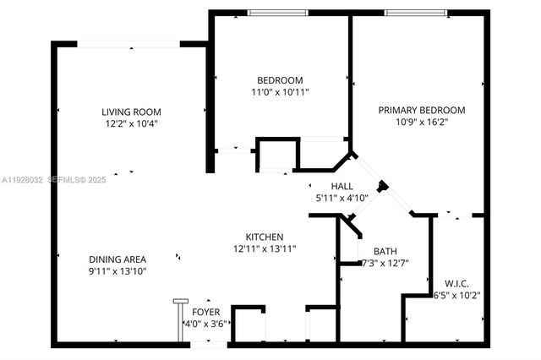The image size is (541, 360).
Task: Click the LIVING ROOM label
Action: pos(131,112)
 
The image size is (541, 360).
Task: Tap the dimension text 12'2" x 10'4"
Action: pos(131,123)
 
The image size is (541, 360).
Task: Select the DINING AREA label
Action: pos(118,259)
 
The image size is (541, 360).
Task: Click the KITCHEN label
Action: pos(264,237)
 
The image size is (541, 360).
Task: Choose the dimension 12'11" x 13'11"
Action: pos(264,248)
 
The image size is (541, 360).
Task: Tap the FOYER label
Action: pos(205,312)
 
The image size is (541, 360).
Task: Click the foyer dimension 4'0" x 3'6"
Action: pos(205,323)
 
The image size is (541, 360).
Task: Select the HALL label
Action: pos(342,186)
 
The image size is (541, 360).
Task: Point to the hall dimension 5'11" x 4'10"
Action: pos(341,198)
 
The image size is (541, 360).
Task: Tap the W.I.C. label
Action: pos(456,283)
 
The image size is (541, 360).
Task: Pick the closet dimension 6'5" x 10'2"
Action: pos(456,295)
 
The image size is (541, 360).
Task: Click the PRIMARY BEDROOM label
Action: pos(422,110)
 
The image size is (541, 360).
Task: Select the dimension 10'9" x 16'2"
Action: pos(422,122)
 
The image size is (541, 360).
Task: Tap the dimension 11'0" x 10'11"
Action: pos(280,92)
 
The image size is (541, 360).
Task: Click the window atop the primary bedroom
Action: pos(415,13)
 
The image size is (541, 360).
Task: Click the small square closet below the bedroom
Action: pos(275,157)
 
